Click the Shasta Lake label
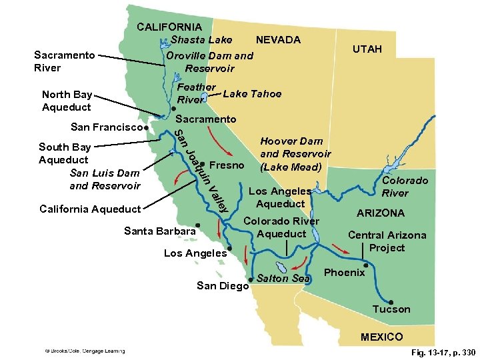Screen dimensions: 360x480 click(201, 40)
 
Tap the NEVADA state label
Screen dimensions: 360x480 click(278, 40)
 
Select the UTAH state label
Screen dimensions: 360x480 click(367, 49)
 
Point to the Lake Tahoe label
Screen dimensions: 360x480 click(252, 94)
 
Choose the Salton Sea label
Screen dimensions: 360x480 click(283, 278)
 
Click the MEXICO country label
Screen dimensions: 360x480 click(381, 337)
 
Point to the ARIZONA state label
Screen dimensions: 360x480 click(380, 213)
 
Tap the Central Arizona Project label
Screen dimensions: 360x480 click(387, 241)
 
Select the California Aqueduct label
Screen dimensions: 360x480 click(90, 209)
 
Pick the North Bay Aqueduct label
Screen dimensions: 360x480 click(67, 101)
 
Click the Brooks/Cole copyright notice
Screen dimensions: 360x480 click(85, 351)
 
